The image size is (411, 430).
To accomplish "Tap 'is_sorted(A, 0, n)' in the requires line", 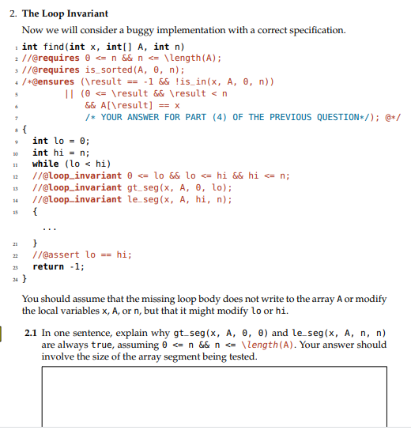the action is click(x=131, y=70).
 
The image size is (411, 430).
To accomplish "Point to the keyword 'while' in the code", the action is click(x=45, y=164).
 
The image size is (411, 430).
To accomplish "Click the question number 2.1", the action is click(x=31, y=334).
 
